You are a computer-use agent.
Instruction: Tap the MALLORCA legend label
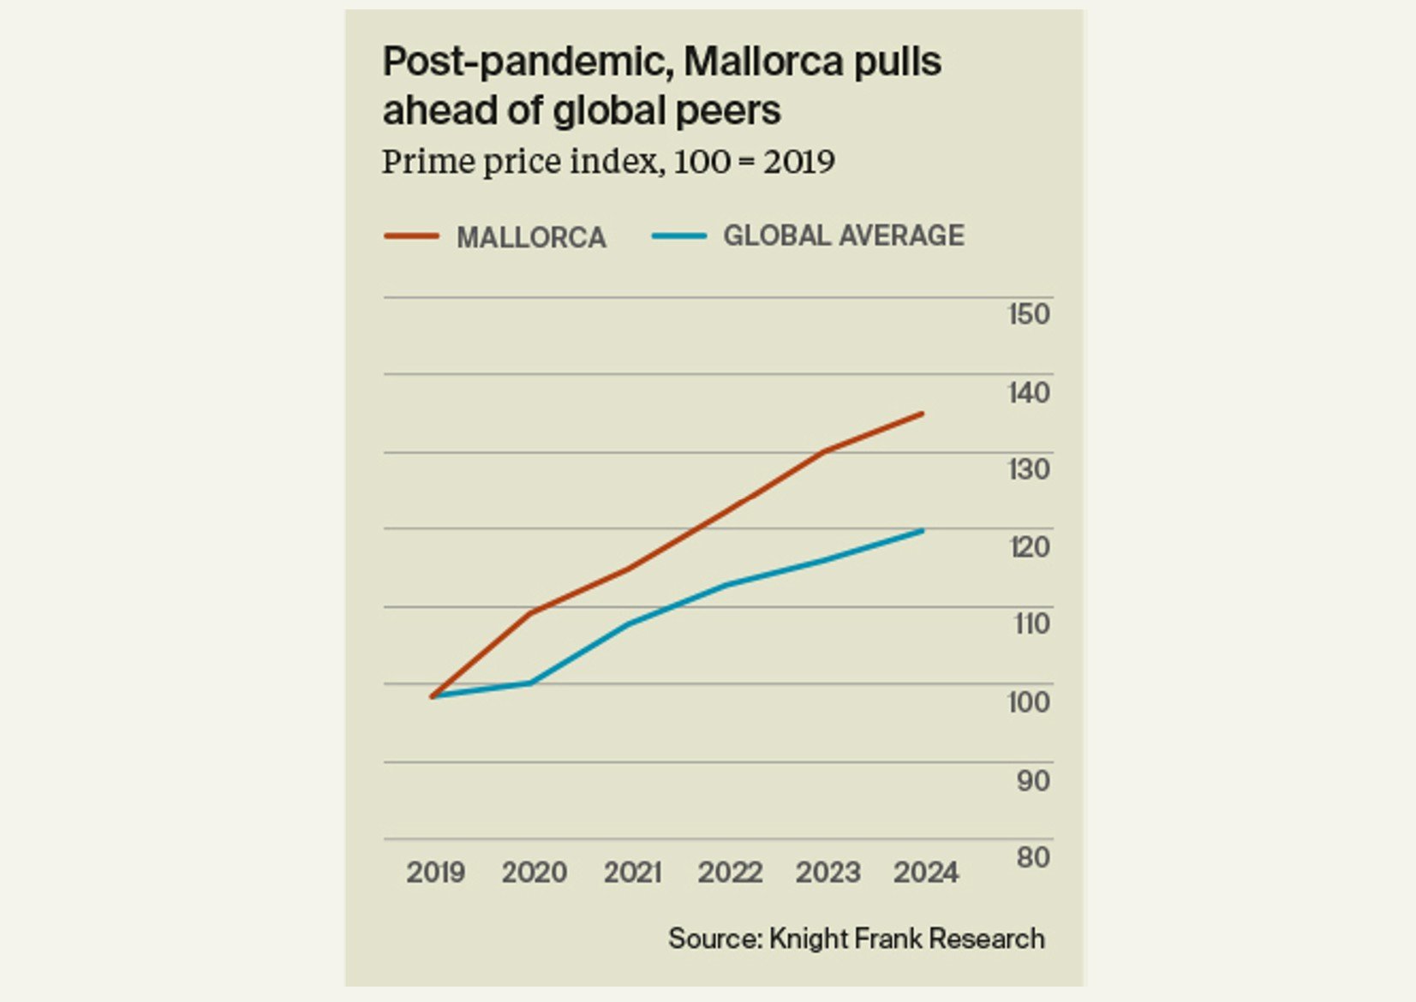click(x=531, y=237)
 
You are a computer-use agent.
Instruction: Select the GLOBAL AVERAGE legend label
click(x=844, y=236)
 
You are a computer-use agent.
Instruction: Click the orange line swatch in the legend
click(x=411, y=236)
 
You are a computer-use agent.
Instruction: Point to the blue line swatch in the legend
click(x=679, y=236)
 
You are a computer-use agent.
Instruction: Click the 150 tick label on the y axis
click(x=1029, y=314)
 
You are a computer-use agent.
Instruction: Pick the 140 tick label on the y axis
click(x=1029, y=393)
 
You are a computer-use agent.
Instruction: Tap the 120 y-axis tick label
click(x=1029, y=547)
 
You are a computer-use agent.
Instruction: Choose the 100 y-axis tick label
click(x=1028, y=702)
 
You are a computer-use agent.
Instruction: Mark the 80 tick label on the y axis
click(x=1032, y=857)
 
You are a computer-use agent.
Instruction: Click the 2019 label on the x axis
click(x=435, y=873)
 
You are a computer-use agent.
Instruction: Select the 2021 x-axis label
click(x=632, y=873)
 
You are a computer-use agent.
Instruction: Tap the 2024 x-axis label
click(x=926, y=873)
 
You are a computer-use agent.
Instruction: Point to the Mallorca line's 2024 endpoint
click(x=923, y=414)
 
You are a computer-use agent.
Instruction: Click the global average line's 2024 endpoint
click(x=923, y=531)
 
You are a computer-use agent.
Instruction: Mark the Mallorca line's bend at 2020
click(x=531, y=611)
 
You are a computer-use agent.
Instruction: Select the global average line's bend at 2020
click(x=531, y=683)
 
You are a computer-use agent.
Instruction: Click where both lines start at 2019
click(x=433, y=696)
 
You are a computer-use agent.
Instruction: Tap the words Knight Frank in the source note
click(x=844, y=939)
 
